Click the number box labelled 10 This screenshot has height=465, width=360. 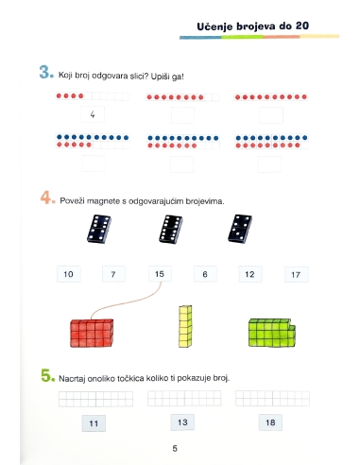point(69,274)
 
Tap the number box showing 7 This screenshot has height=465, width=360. point(113,274)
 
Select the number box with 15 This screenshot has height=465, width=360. point(160,274)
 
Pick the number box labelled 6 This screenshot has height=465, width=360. point(205,274)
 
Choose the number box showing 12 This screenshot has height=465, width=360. point(250,274)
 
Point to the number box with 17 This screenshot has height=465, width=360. point(297,275)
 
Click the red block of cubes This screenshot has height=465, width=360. point(92,334)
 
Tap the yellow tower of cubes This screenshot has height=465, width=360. point(185,326)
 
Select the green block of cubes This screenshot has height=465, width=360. point(272,333)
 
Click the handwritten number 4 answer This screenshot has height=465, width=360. point(93,114)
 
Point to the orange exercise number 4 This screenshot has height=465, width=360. point(47,198)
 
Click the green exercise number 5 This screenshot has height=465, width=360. point(47,375)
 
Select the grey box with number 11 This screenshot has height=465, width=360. point(94,423)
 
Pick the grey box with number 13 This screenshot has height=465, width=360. point(182,422)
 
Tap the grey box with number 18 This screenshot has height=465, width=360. point(270,422)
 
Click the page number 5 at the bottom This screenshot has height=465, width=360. point(175,448)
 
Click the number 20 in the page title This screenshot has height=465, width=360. point(302,26)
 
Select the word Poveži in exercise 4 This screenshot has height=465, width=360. point(72,200)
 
